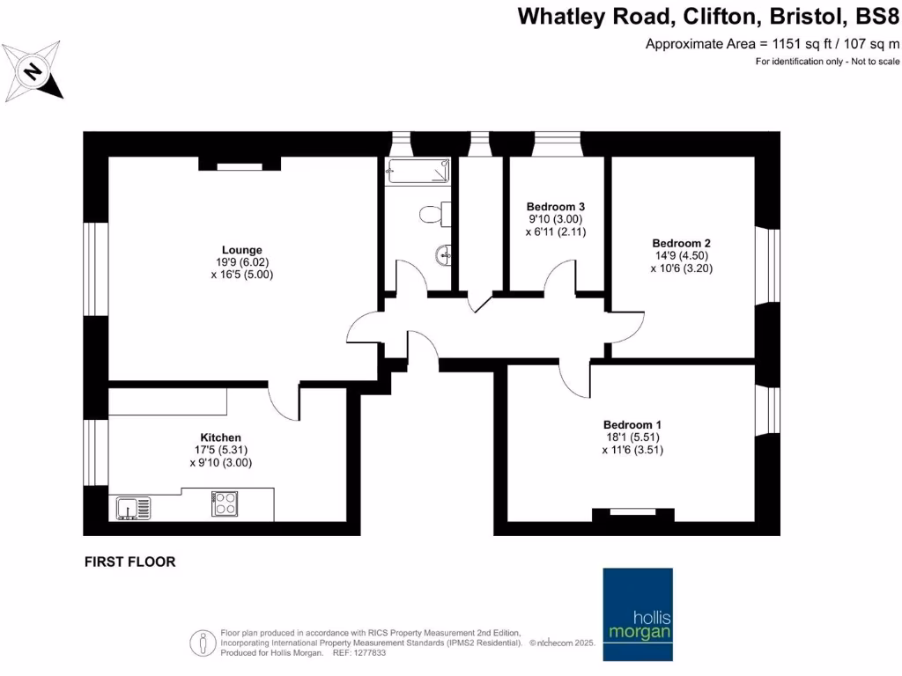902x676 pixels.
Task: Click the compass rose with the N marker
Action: (33, 70)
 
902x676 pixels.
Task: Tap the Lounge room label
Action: (241, 250)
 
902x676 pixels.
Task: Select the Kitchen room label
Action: (220, 437)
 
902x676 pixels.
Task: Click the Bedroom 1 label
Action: (632, 424)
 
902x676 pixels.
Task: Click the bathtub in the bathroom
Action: (418, 171)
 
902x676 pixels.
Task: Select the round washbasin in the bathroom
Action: (443, 256)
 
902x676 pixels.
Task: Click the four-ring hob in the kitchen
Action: (224, 504)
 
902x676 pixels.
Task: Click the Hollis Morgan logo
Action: (637, 614)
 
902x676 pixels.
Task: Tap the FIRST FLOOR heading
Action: (129, 562)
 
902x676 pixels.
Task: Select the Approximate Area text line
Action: (773, 43)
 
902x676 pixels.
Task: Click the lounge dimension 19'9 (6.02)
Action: (241, 262)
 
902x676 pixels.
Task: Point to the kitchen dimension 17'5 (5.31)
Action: (220, 450)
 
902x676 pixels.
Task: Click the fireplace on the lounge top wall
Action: (239, 164)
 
